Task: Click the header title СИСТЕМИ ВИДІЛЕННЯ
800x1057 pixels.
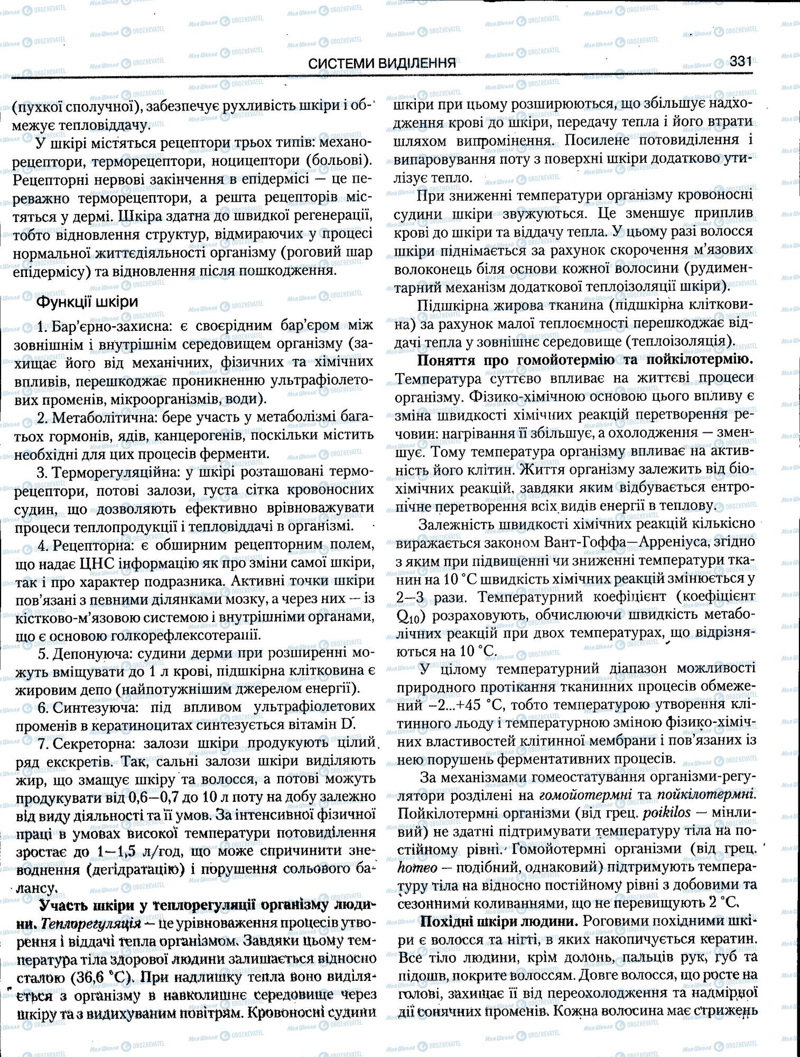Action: pos(382,63)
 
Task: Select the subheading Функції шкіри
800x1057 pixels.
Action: pos(87,302)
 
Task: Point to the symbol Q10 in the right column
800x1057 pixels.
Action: pos(408,616)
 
